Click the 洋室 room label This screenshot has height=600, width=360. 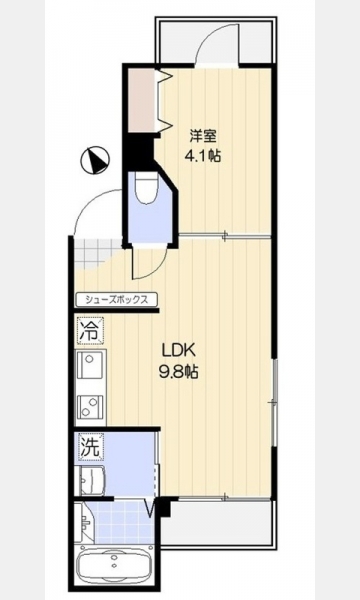[x=204, y=136]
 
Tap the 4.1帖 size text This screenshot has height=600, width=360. [x=203, y=155]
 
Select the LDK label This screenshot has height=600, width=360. [x=179, y=349]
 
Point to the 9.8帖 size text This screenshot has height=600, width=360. [x=179, y=371]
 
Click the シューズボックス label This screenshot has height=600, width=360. [x=116, y=300]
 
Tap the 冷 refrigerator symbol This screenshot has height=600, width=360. [x=91, y=330]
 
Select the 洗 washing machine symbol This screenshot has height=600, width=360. [x=91, y=446]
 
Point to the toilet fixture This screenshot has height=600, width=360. [x=146, y=188]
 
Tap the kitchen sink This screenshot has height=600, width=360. [x=90, y=365]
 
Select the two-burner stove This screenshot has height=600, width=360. [x=90, y=408]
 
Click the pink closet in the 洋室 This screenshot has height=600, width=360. [x=142, y=100]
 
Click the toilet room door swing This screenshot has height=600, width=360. [x=149, y=265]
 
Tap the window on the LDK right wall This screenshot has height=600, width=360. [x=274, y=402]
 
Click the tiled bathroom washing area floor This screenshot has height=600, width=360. [x=121, y=522]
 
